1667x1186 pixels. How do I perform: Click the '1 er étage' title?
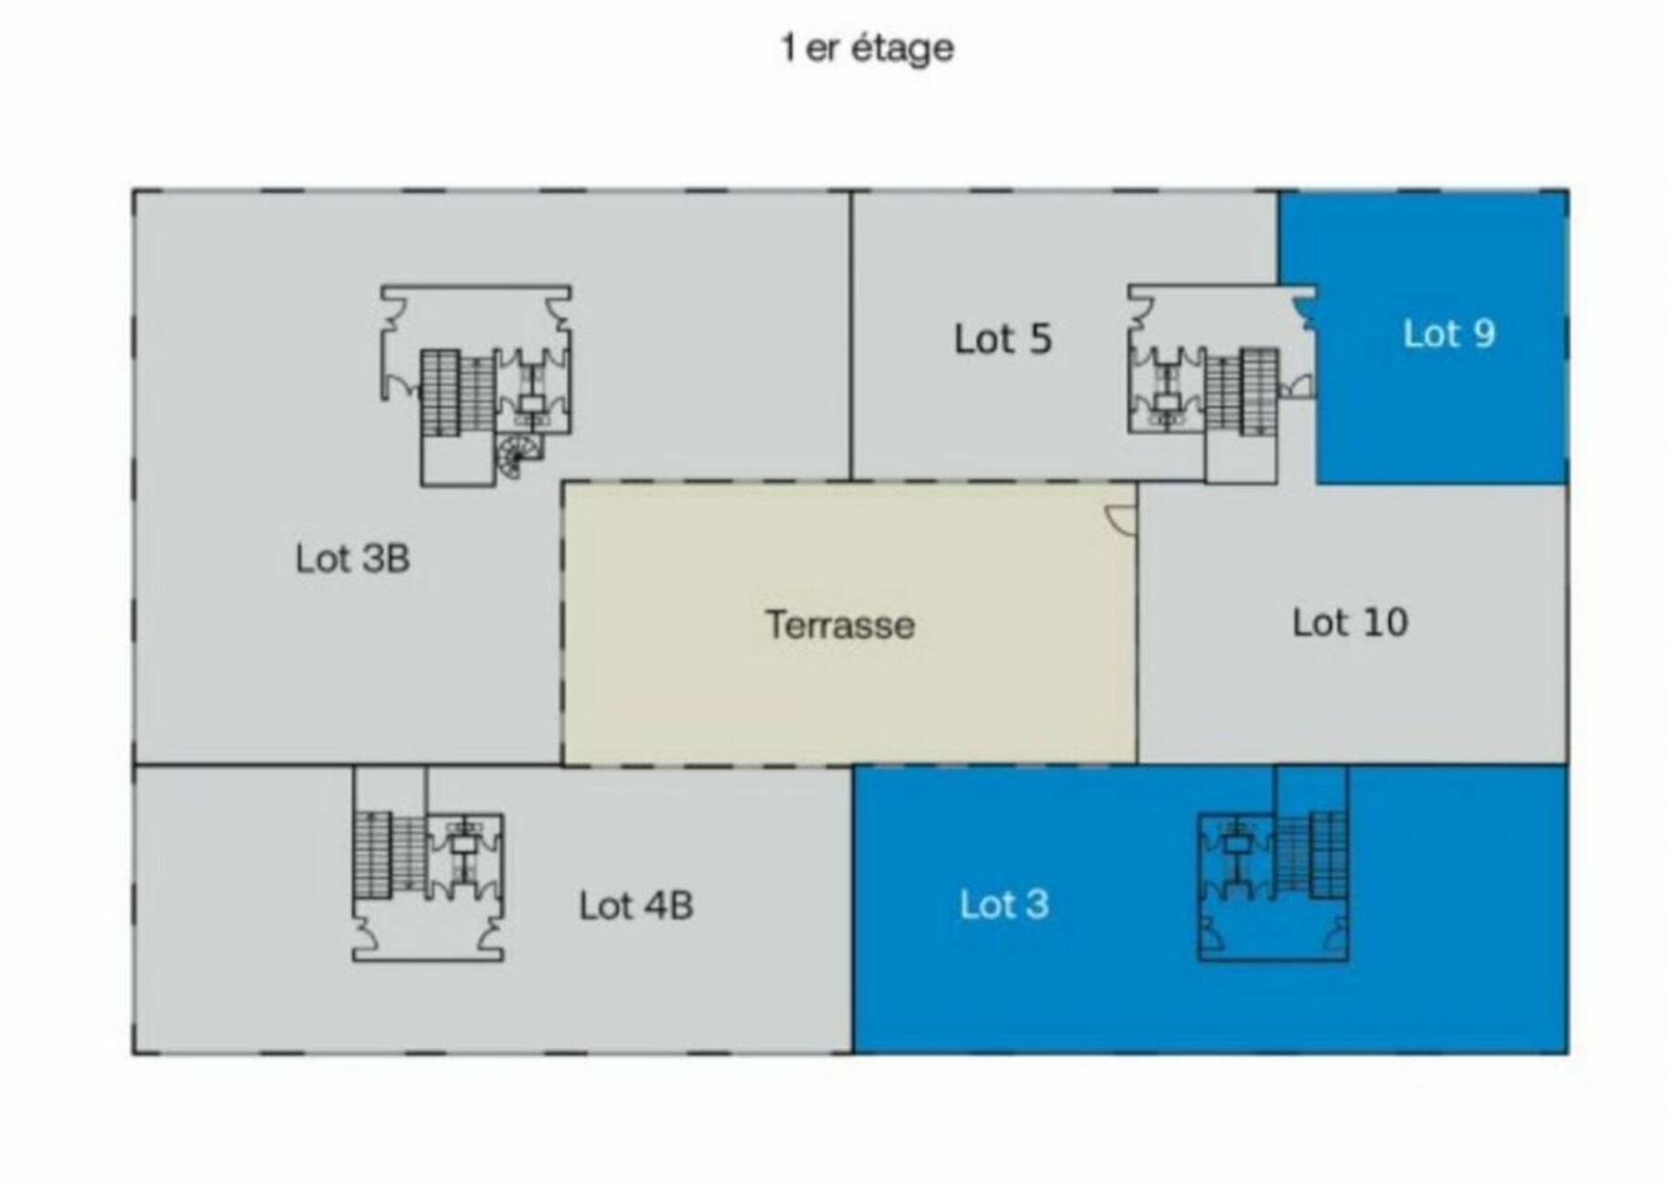point(867,48)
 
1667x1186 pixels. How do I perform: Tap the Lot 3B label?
point(352,558)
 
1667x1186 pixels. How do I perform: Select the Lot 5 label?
point(1003,338)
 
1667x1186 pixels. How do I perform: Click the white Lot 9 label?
point(1449,333)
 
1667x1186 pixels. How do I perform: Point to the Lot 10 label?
point(1349,622)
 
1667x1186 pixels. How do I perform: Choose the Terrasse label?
point(839,625)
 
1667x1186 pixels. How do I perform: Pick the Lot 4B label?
point(636,905)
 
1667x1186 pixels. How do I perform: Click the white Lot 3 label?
point(1004,904)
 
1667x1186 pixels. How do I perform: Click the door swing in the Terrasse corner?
point(1121,517)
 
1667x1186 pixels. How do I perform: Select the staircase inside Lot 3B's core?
point(458,393)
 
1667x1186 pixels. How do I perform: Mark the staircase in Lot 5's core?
point(1242,391)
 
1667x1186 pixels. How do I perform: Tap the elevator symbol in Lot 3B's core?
point(532,402)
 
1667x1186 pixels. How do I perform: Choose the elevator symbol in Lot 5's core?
point(1166,402)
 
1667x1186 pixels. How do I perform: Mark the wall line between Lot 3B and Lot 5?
point(851,336)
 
